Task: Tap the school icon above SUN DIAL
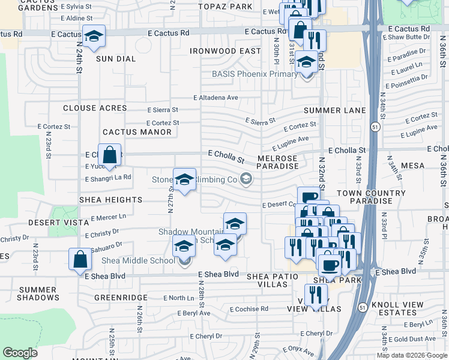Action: pyautogui.click(x=94, y=37)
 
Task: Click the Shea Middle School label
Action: pyautogui.click(x=138, y=260)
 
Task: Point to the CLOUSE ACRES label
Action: pyautogui.click(x=95, y=108)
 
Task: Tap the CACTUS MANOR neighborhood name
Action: pyautogui.click(x=128, y=132)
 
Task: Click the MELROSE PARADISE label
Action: pyautogui.click(x=278, y=162)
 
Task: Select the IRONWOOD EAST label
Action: pyautogui.click(x=225, y=52)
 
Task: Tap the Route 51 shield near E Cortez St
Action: pyautogui.click(x=375, y=127)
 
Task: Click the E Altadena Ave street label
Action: pyautogui.click(x=215, y=97)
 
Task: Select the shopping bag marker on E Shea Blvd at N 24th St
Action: pyautogui.click(x=80, y=260)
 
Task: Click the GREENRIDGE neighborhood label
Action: pyautogui.click(x=121, y=297)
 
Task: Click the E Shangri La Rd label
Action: pyautogui.click(x=108, y=178)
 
